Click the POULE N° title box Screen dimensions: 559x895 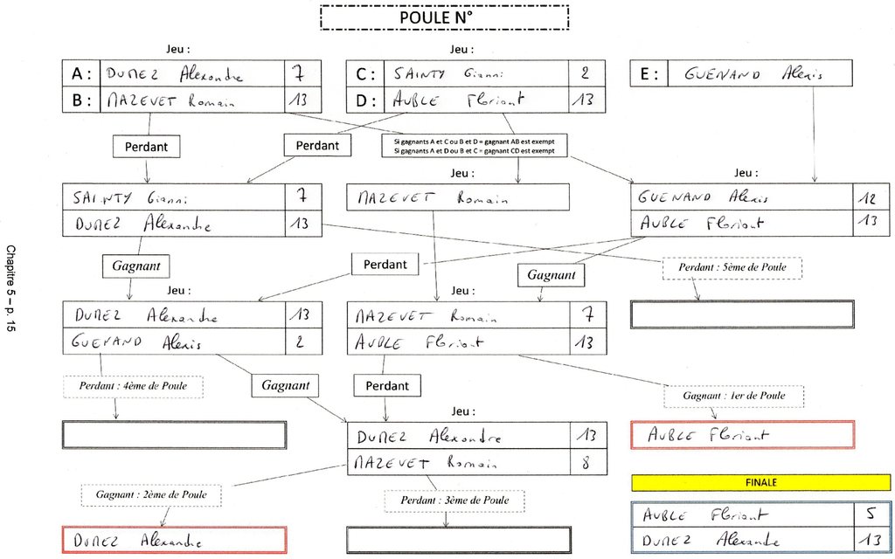coord(444,17)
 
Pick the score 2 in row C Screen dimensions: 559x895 coord(586,73)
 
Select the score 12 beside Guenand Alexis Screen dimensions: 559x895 coord(870,197)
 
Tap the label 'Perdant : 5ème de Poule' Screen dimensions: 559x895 coord(732,266)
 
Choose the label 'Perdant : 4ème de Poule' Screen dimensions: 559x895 coord(133,386)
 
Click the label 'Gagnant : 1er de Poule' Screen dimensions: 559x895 coord(733,396)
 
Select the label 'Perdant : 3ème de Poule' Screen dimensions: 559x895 coord(454,500)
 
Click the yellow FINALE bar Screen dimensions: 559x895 coord(760,482)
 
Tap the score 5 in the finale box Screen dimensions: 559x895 coord(871,515)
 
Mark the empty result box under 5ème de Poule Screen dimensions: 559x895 coord(742,314)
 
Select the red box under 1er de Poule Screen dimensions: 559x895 coord(742,434)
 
